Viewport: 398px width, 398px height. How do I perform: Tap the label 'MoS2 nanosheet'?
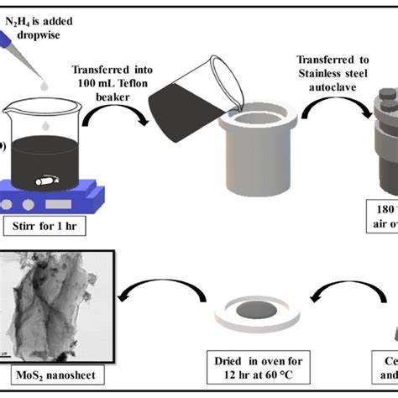click(x=52, y=374)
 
